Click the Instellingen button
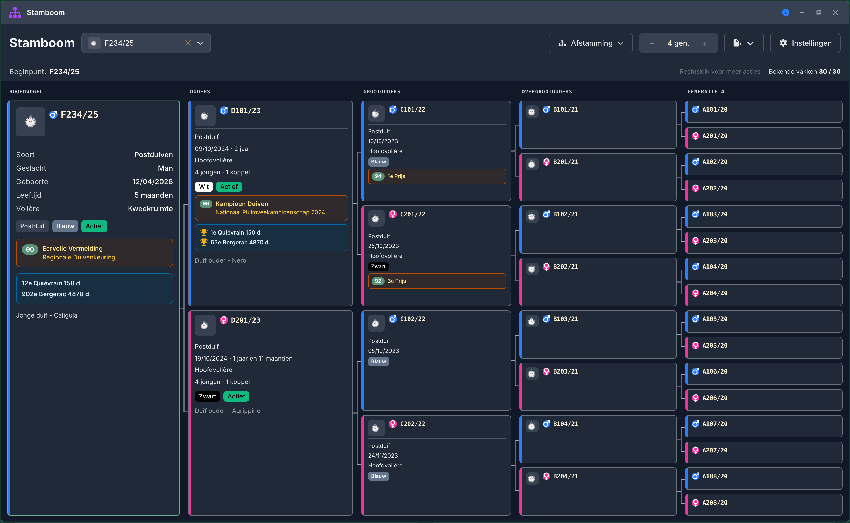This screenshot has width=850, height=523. tap(805, 43)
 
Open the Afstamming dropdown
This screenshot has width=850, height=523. tap(591, 43)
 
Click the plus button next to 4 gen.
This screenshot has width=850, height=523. tap(704, 44)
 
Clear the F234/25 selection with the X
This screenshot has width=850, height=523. tap(188, 43)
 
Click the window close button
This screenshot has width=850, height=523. tap(835, 12)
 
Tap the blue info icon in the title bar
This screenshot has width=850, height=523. tap(785, 12)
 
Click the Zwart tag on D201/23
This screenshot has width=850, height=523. tap(207, 396)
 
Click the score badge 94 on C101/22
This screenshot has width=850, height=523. tap(378, 176)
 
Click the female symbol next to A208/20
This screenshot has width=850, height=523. tap(696, 503)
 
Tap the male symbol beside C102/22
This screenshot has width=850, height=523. tap(393, 319)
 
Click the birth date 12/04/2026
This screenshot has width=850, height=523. tap(152, 182)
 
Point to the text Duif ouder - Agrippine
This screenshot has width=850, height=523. tap(227, 411)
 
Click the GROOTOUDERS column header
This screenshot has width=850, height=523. tap(381, 92)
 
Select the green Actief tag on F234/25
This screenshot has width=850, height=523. tap(94, 226)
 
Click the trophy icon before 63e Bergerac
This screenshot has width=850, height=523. tap(204, 242)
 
